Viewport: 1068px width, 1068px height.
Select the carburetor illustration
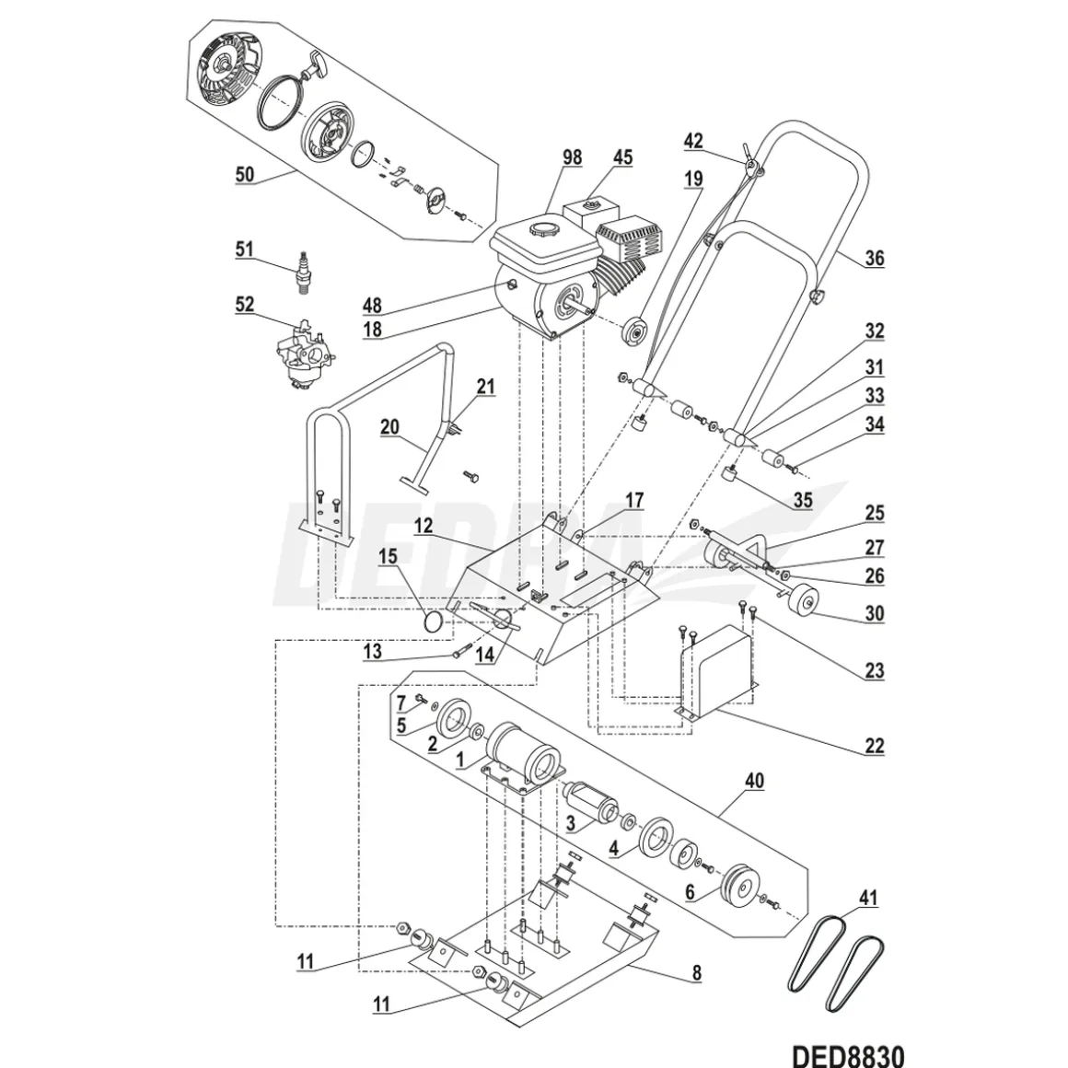point(303,354)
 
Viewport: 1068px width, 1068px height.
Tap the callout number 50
point(245,174)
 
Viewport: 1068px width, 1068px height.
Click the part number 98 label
point(572,157)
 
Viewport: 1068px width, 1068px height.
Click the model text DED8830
point(848,1055)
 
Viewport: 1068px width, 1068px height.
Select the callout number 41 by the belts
point(867,899)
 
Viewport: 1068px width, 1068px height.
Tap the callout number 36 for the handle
point(874,258)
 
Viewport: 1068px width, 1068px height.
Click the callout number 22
point(874,746)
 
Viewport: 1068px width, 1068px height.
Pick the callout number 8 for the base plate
point(696,973)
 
